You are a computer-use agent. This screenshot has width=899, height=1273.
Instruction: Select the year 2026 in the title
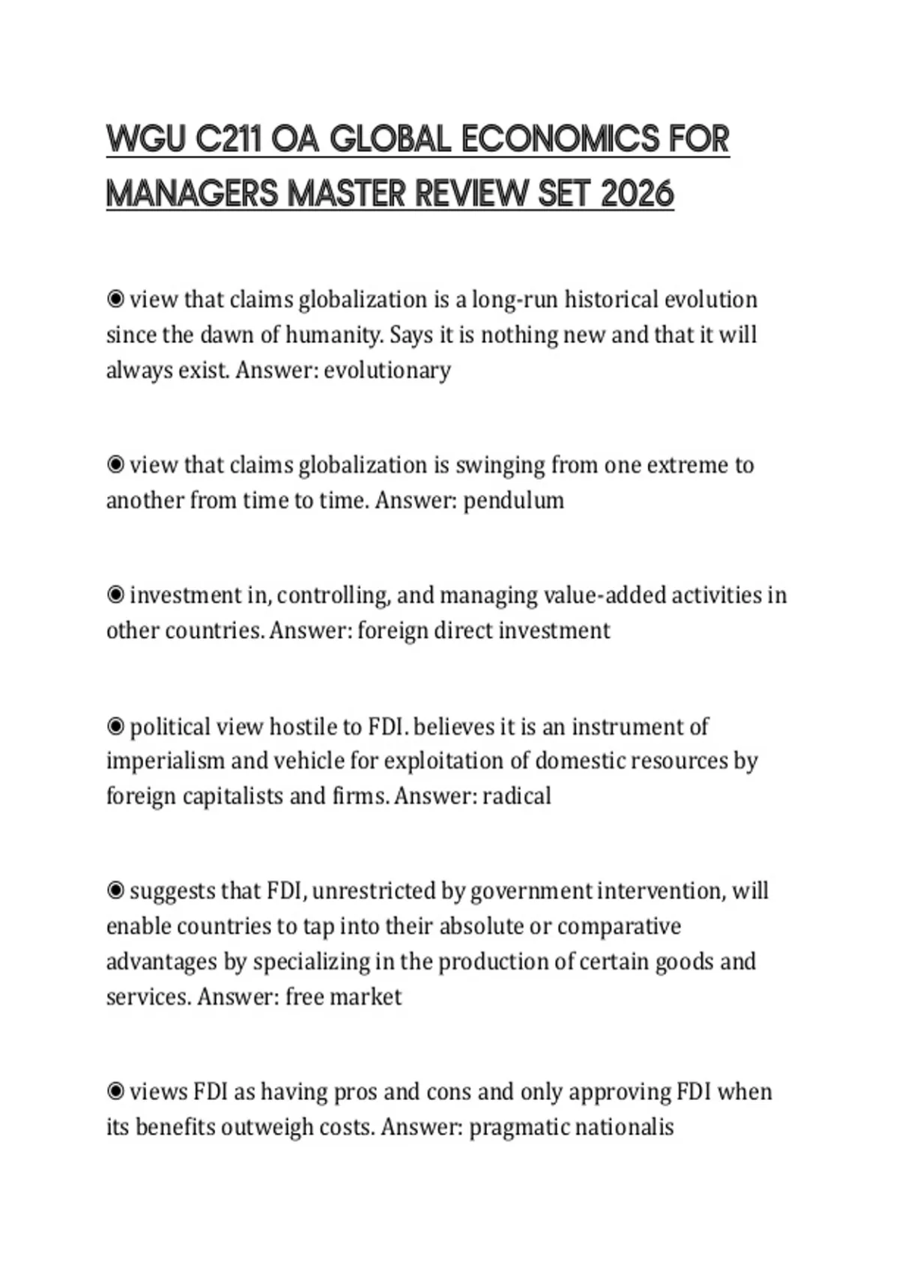(x=638, y=195)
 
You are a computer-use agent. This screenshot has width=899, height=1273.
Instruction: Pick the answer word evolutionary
(x=387, y=370)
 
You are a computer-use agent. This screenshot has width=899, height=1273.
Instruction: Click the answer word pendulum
(x=514, y=500)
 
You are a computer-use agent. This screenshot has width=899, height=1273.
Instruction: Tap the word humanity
(x=334, y=335)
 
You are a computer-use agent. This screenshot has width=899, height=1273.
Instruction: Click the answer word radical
(x=517, y=795)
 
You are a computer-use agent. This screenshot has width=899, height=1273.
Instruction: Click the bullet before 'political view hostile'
(x=115, y=726)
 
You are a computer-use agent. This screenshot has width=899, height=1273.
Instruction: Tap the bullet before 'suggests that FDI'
(x=115, y=891)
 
